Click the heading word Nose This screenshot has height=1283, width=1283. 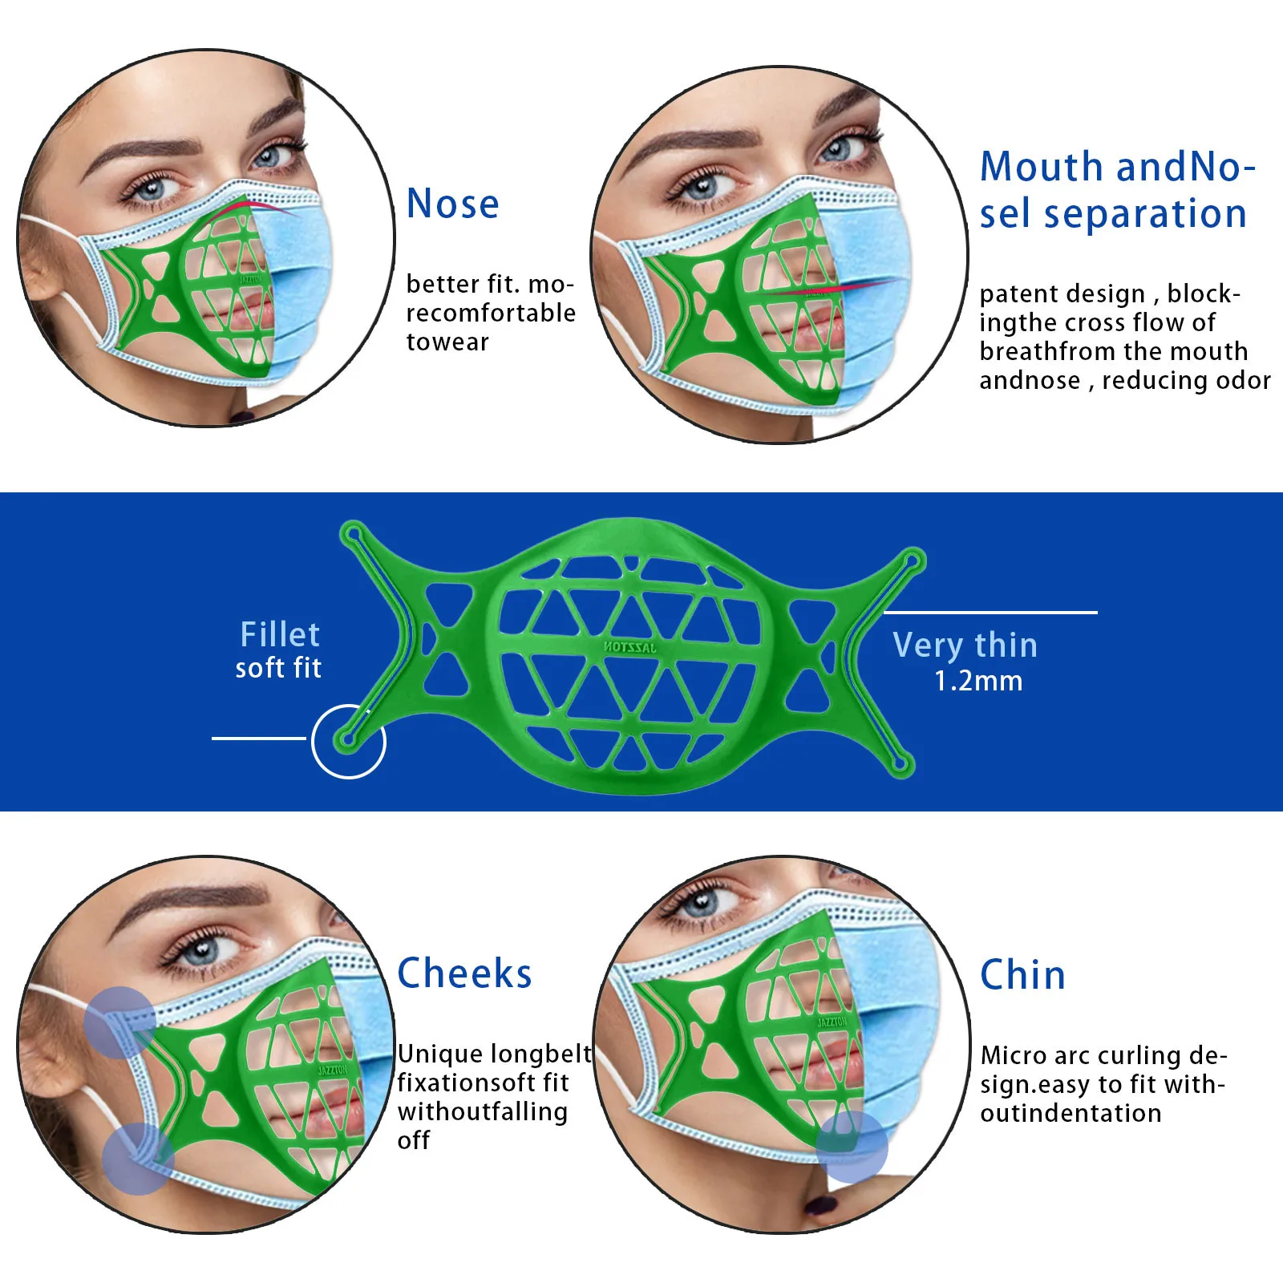tap(452, 204)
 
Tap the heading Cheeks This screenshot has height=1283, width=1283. tap(464, 973)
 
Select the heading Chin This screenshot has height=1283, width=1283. tap(1022, 975)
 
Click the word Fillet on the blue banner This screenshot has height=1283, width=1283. tap(280, 634)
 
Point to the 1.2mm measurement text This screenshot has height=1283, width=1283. tap(978, 681)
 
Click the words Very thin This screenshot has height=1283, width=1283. tap(965, 645)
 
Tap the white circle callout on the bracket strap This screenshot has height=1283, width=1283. tap(349, 741)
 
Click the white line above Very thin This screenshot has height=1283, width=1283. tap(990, 613)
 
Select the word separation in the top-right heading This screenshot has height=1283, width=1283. tap(1145, 214)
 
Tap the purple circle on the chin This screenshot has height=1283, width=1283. tap(852, 1147)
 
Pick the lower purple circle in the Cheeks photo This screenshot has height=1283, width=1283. tap(139, 1159)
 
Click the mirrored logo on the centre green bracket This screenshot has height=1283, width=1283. tap(630, 646)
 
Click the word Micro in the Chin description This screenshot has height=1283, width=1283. tap(1014, 1055)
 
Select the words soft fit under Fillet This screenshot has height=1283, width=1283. tap(278, 668)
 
